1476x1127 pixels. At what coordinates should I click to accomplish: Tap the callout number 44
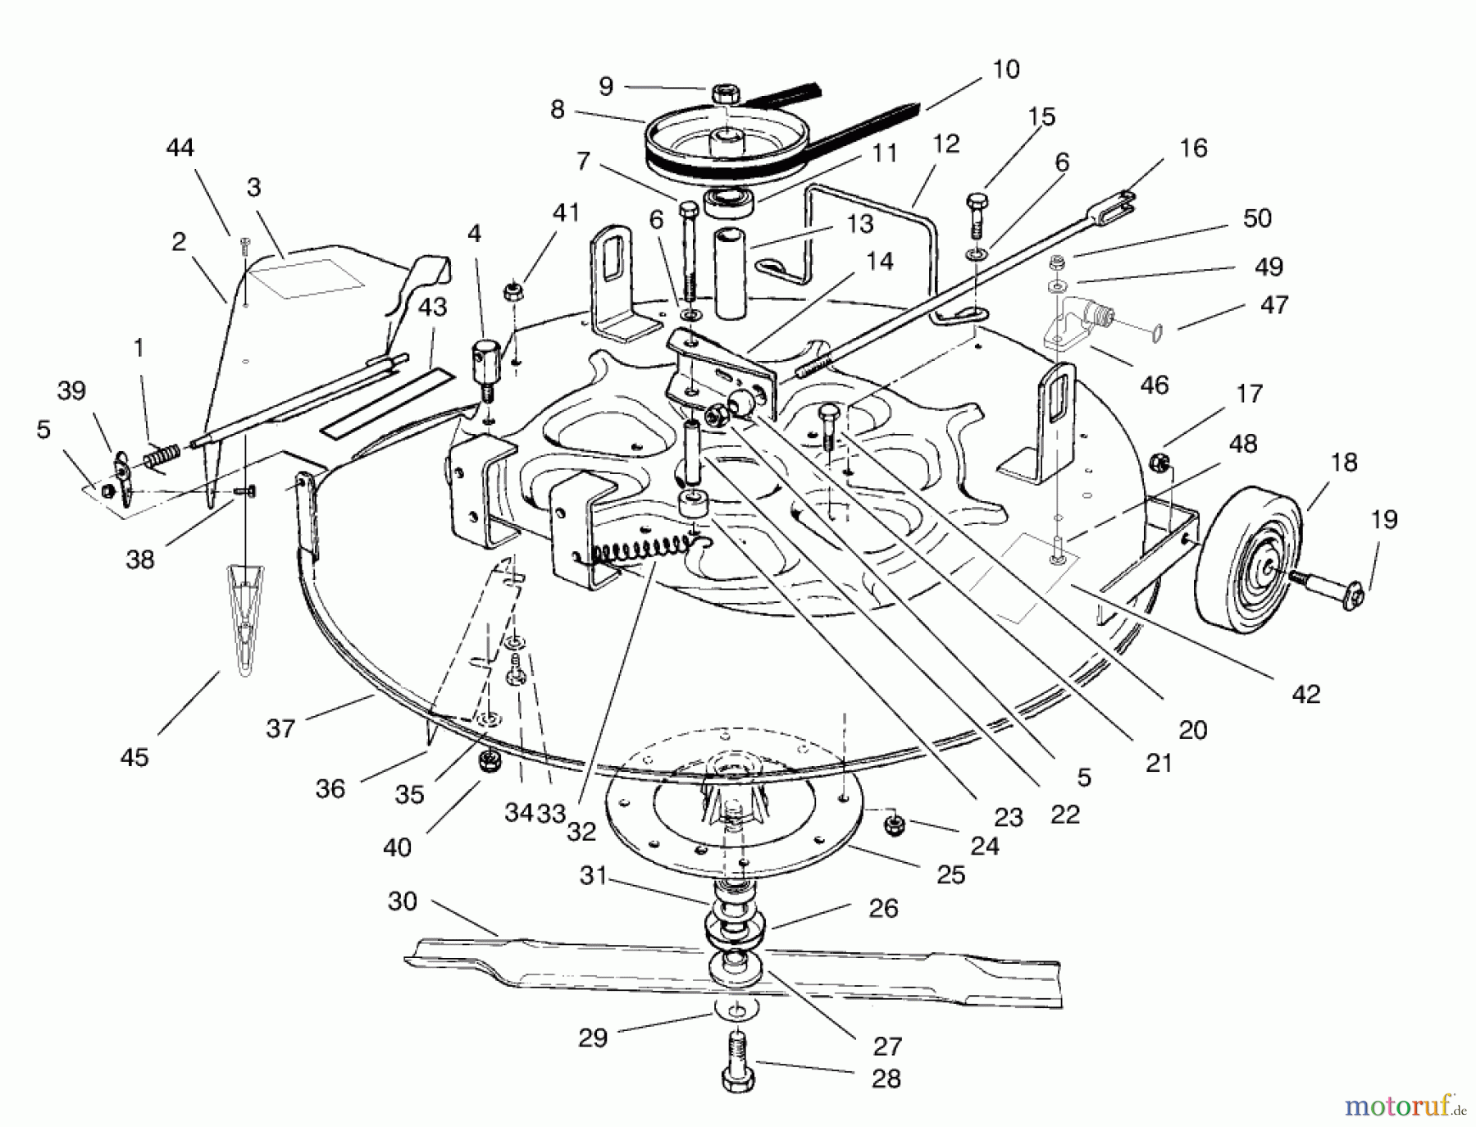(x=180, y=148)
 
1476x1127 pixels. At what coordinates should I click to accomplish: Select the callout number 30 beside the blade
(x=403, y=901)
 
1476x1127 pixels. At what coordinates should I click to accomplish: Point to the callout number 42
(x=1306, y=694)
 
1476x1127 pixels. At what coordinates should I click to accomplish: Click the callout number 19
(x=1385, y=520)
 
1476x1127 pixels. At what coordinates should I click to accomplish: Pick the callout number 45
(x=135, y=756)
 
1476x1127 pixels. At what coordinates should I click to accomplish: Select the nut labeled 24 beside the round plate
(x=895, y=823)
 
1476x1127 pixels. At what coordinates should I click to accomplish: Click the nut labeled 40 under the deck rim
(x=489, y=762)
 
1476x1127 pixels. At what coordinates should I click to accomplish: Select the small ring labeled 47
(x=1151, y=330)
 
